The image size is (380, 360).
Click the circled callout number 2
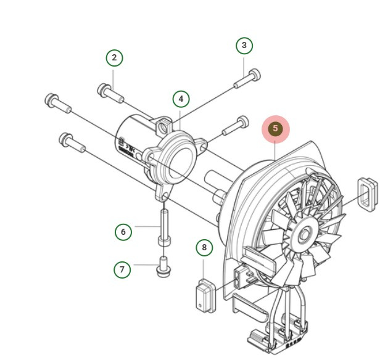pyautogui.click(x=114, y=58)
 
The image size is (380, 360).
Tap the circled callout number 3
pyautogui.click(x=244, y=45)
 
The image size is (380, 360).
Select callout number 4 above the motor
pyautogui.click(x=181, y=99)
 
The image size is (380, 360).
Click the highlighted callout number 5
pyautogui.click(x=276, y=129)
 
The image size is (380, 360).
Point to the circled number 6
pyautogui.click(x=123, y=232)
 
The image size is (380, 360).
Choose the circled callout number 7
pyautogui.click(x=122, y=269)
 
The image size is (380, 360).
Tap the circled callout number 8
pyautogui.click(x=204, y=248)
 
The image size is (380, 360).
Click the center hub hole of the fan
pyautogui.click(x=304, y=234)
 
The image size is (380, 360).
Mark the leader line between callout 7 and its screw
pyautogui.click(x=145, y=266)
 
